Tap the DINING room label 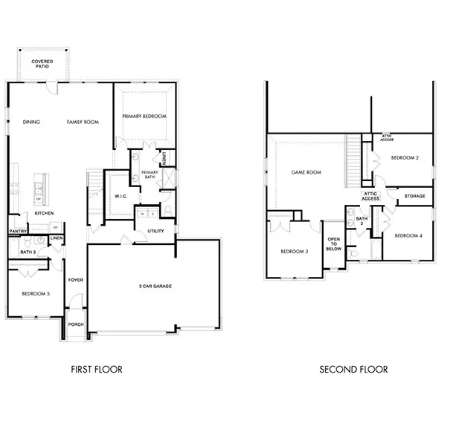[31, 122]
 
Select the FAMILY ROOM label [83, 122]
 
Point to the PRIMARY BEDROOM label [145, 117]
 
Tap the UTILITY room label [155, 232]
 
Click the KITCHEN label [45, 214]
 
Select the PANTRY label [19, 231]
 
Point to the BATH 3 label [28, 253]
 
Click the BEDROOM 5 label [36, 294]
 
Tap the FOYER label [76, 280]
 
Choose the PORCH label [76, 324]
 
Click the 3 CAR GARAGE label [157, 286]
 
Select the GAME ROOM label [306, 172]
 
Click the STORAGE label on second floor [414, 197]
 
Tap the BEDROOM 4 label [408, 235]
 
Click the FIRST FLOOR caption [97, 369]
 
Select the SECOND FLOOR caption [353, 369]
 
